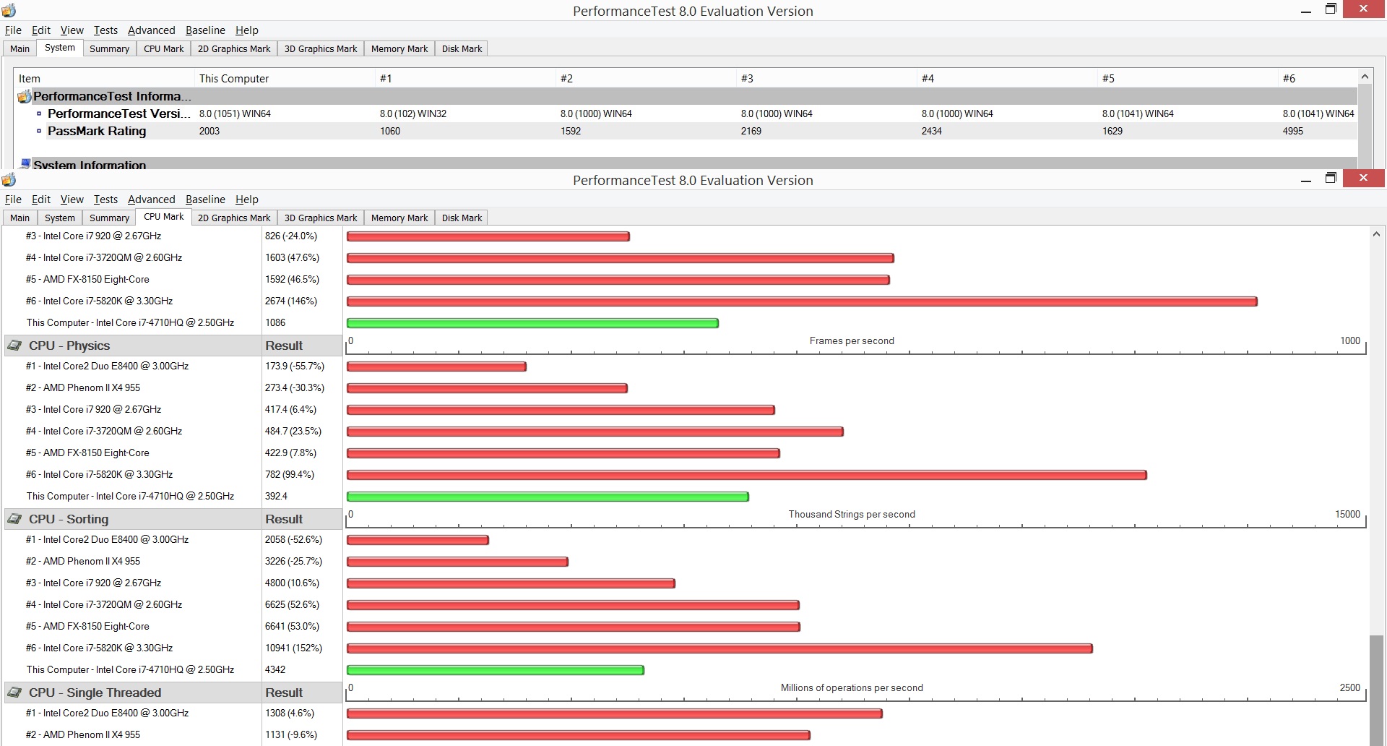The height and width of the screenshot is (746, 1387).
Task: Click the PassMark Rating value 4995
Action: click(x=1292, y=131)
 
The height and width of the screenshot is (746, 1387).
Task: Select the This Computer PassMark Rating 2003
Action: click(x=209, y=131)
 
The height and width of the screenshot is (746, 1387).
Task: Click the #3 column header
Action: click(x=747, y=78)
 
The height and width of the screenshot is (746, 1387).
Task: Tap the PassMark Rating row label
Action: click(x=97, y=131)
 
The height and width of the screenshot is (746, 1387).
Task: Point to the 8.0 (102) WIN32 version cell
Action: click(x=413, y=113)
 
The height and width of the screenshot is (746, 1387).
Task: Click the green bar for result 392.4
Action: click(x=548, y=497)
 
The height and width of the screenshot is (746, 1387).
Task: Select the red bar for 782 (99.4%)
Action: click(x=747, y=475)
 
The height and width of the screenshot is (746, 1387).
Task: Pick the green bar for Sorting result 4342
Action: click(x=495, y=670)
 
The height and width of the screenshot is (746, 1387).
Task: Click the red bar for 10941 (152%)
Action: click(x=720, y=648)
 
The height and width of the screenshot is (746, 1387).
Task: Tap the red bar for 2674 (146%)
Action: click(x=802, y=301)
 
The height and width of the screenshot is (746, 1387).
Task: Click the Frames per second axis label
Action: click(x=852, y=340)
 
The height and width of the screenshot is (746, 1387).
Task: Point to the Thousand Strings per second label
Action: click(x=852, y=514)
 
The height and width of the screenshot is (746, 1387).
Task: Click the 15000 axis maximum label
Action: click(x=1347, y=514)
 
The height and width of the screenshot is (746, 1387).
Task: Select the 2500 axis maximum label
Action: click(x=1349, y=687)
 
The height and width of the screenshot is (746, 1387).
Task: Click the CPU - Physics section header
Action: click(x=69, y=346)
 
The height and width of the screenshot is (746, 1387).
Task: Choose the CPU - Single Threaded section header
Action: click(x=95, y=693)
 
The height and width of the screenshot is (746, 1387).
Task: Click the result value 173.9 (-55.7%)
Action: click(x=295, y=366)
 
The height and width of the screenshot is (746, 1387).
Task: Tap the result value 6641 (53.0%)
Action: click(x=292, y=626)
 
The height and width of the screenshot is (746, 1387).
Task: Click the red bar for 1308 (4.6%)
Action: click(x=615, y=713)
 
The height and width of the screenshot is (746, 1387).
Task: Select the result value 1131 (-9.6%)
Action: click(x=291, y=734)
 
